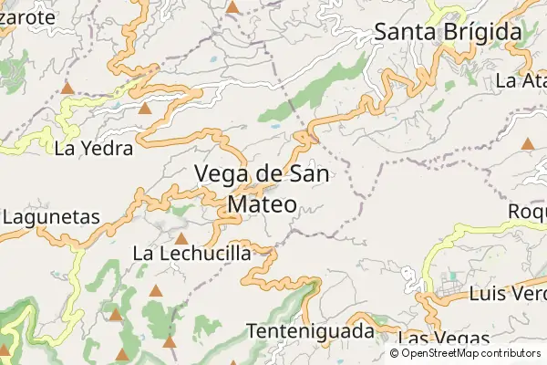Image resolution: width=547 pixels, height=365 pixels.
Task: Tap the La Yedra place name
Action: [94, 148]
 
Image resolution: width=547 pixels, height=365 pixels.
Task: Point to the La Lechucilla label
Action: [191, 253]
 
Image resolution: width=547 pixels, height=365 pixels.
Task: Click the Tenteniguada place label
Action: [310, 330]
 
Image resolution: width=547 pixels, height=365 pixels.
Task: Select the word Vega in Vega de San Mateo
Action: [222, 173]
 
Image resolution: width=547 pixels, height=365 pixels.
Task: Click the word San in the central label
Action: [310, 173]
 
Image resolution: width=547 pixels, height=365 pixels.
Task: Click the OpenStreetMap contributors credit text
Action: [470, 353]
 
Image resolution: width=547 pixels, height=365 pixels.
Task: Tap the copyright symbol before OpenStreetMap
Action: [394, 353]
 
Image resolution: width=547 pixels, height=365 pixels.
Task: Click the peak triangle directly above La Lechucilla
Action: [181, 238]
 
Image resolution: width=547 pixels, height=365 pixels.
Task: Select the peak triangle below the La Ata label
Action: [527, 143]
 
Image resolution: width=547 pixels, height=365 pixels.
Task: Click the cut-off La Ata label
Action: [521, 80]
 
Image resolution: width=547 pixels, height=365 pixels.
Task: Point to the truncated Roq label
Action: [526, 211]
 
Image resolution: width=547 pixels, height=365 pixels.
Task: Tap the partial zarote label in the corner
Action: [23, 16]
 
